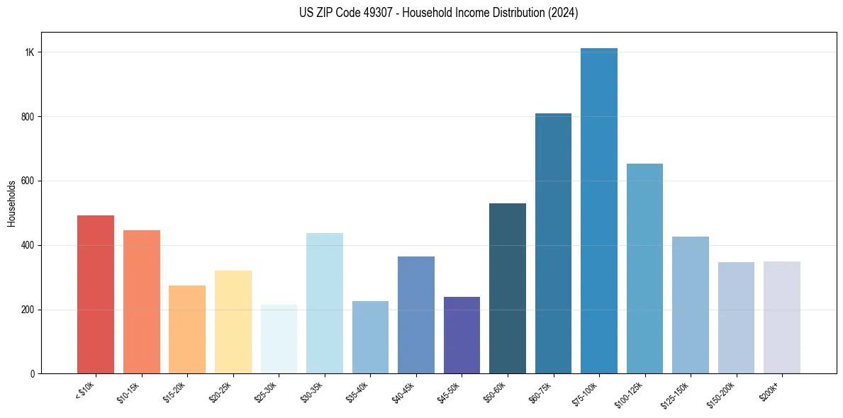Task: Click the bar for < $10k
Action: [x=95, y=294]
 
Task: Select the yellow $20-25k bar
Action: [x=233, y=322]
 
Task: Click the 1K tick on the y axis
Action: [x=30, y=52]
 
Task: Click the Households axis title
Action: [x=11, y=203]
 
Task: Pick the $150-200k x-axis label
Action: [x=721, y=395]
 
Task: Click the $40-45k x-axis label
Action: [x=403, y=392]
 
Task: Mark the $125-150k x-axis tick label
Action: [x=675, y=395]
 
